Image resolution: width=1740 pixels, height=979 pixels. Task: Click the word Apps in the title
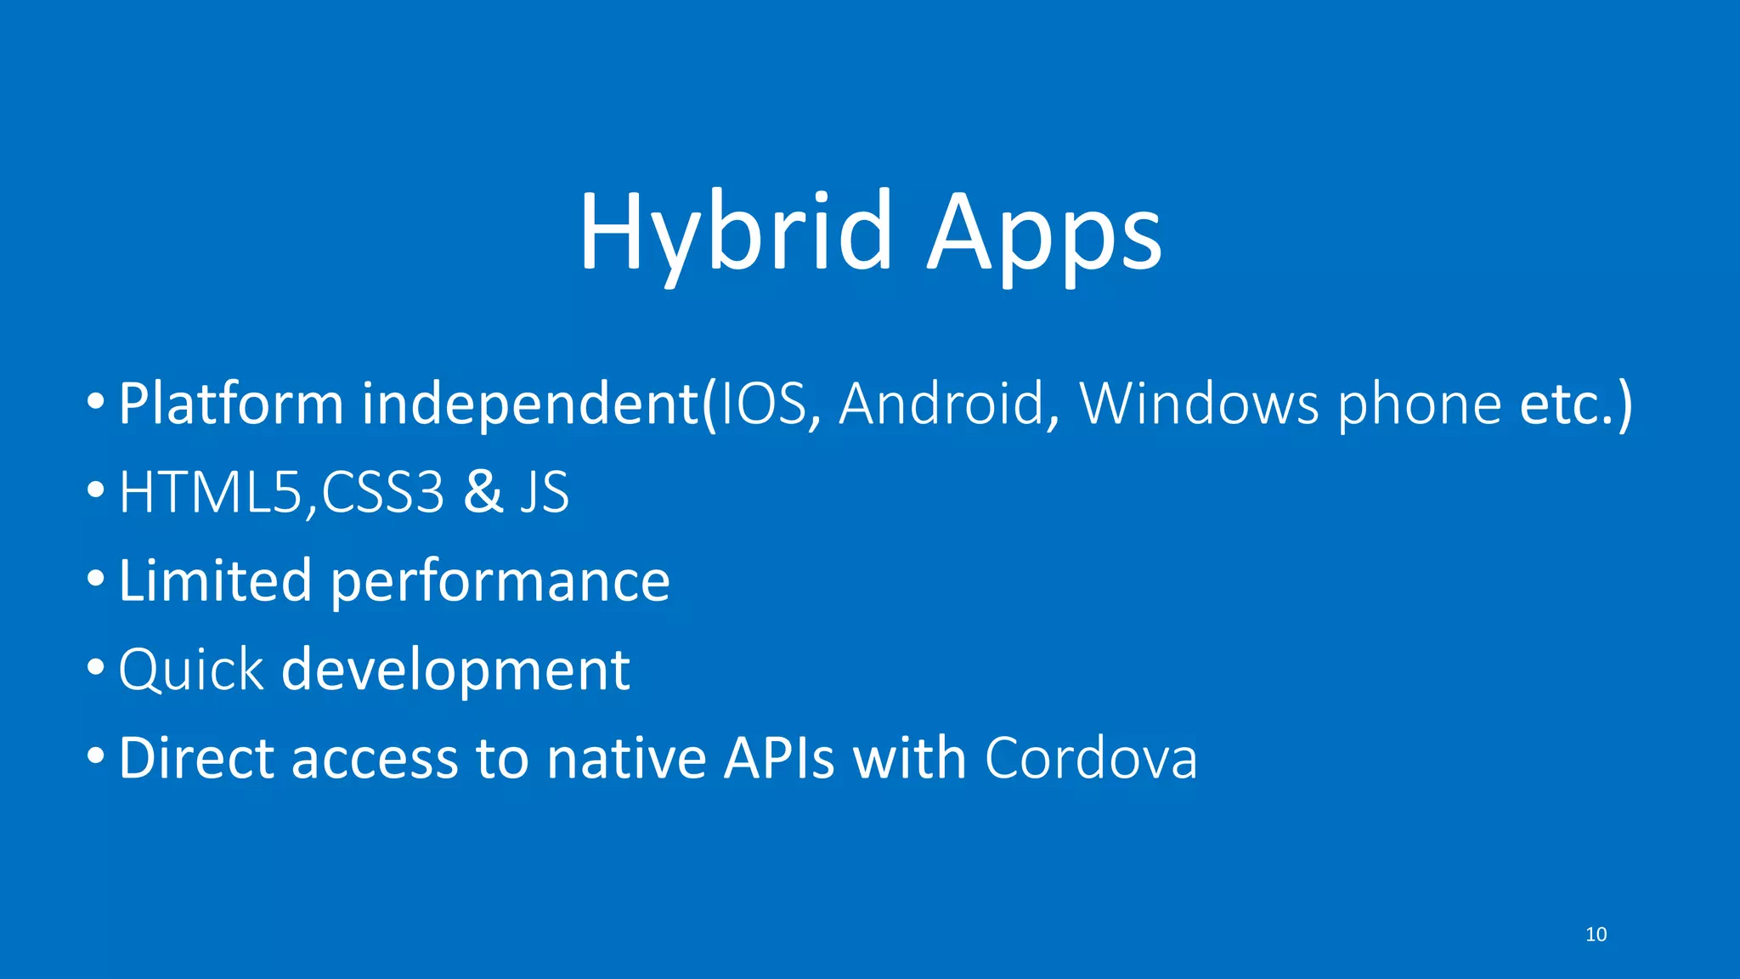(1044, 234)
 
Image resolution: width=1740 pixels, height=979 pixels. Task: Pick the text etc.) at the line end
(1575, 405)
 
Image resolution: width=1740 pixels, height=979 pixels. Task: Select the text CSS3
(382, 492)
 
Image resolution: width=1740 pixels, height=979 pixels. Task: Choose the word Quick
(191, 671)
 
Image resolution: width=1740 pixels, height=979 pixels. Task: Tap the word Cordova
(1091, 758)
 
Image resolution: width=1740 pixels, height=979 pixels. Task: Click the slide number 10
(1596, 935)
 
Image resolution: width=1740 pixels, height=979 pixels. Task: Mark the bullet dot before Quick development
(96, 668)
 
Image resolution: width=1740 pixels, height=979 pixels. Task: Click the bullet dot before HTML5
(96, 490)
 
